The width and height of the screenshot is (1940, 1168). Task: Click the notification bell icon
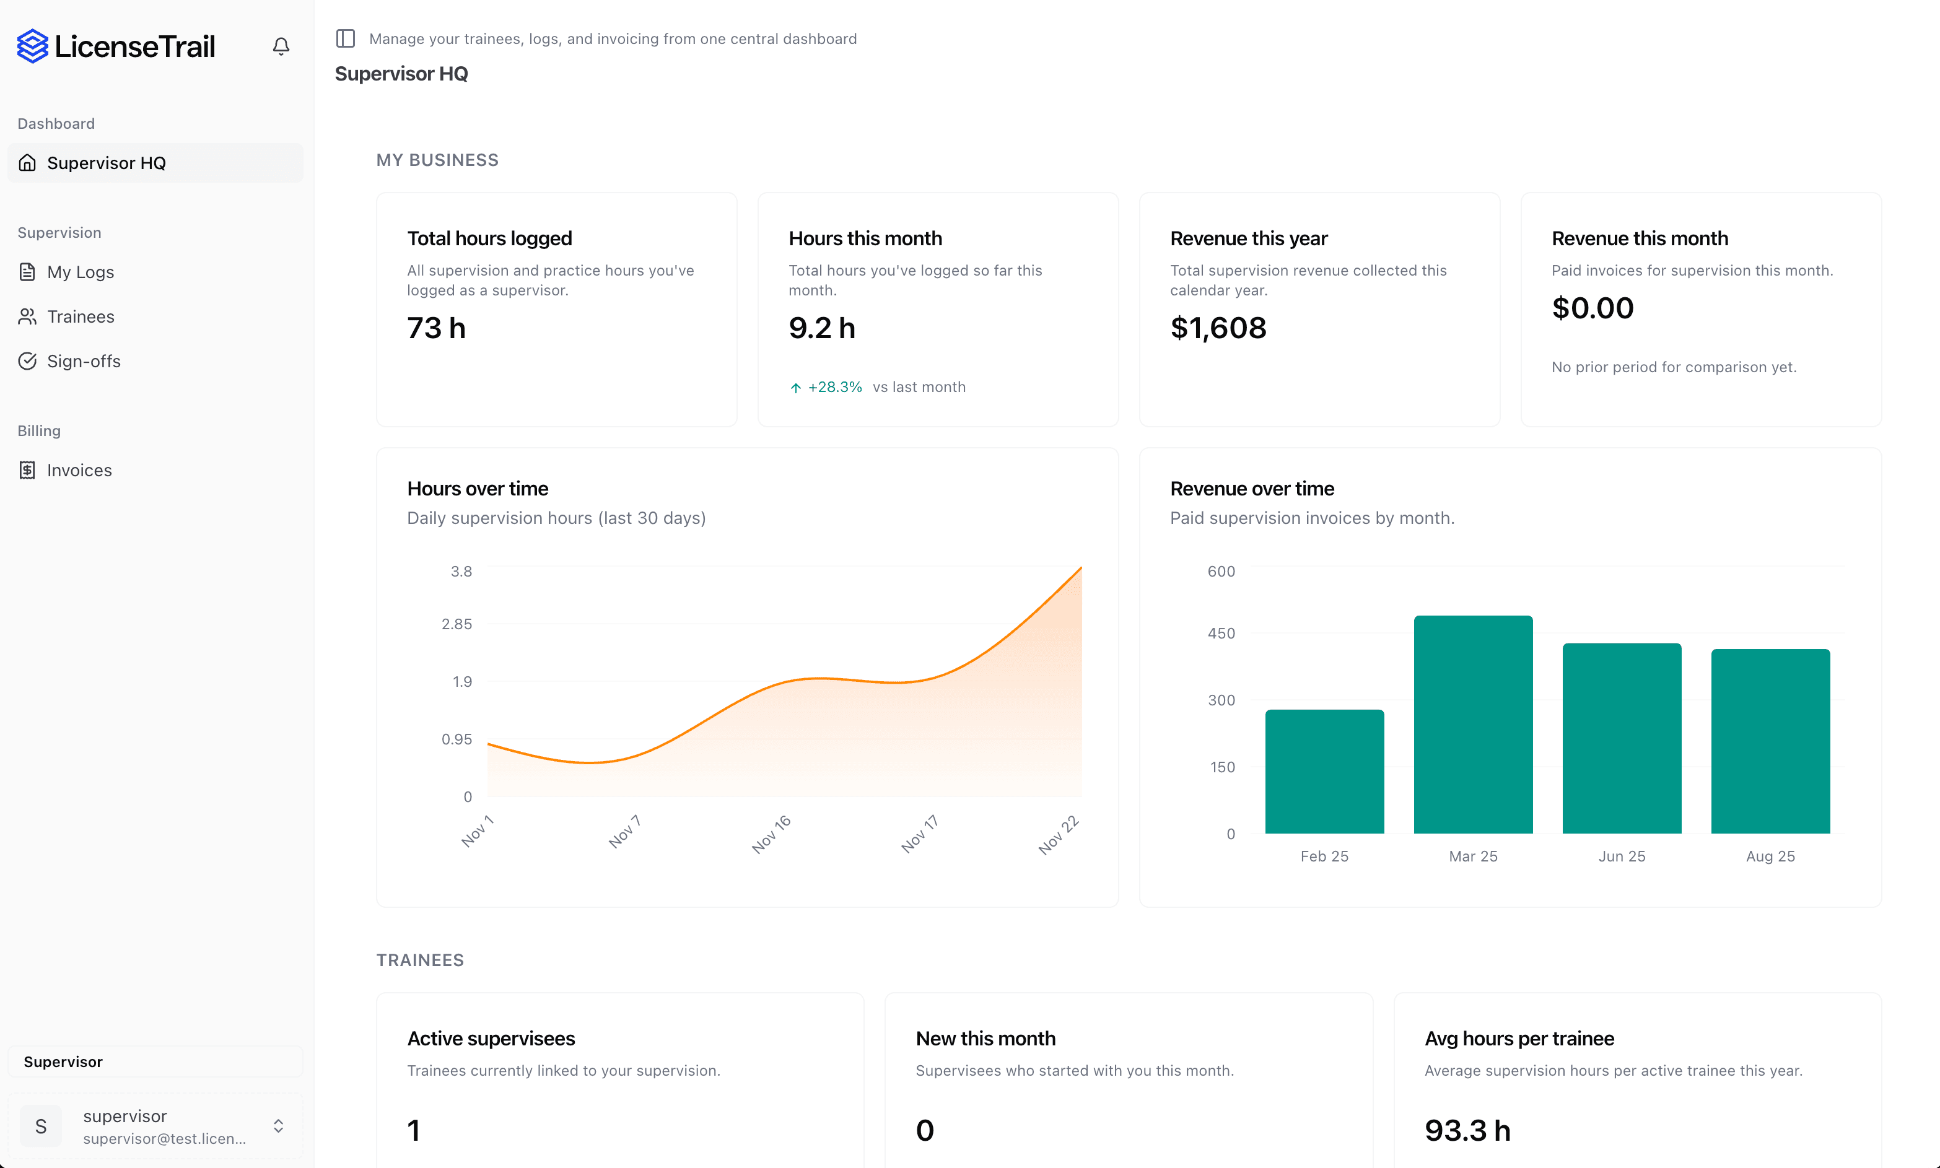(281, 46)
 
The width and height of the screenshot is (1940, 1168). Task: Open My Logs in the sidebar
(81, 272)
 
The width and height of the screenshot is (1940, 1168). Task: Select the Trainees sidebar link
(81, 316)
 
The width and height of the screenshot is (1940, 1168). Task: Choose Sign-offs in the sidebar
(84, 361)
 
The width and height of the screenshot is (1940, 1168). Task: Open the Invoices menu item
(79, 470)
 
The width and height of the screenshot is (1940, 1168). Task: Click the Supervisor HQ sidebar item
(107, 163)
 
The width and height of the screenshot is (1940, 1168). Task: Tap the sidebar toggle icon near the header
(346, 38)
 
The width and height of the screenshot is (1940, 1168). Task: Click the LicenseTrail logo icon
(33, 46)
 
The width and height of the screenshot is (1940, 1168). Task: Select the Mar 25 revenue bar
(1472, 724)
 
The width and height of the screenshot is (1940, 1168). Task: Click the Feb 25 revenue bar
(1324, 771)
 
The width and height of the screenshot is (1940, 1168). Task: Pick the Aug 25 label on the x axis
(1770, 856)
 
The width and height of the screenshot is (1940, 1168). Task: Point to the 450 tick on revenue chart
(1221, 634)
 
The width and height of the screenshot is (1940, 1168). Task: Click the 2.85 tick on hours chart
(457, 624)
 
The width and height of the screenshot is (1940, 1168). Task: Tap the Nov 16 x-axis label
(771, 834)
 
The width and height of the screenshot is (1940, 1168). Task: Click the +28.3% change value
(834, 387)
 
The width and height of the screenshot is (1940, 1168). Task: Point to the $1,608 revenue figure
(1218, 328)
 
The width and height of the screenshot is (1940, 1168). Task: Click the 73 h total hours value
(436, 328)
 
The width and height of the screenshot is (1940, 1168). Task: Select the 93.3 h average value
(1467, 1130)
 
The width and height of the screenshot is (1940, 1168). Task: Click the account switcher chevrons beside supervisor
(279, 1127)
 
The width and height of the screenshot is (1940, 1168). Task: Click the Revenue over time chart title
(1251, 489)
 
